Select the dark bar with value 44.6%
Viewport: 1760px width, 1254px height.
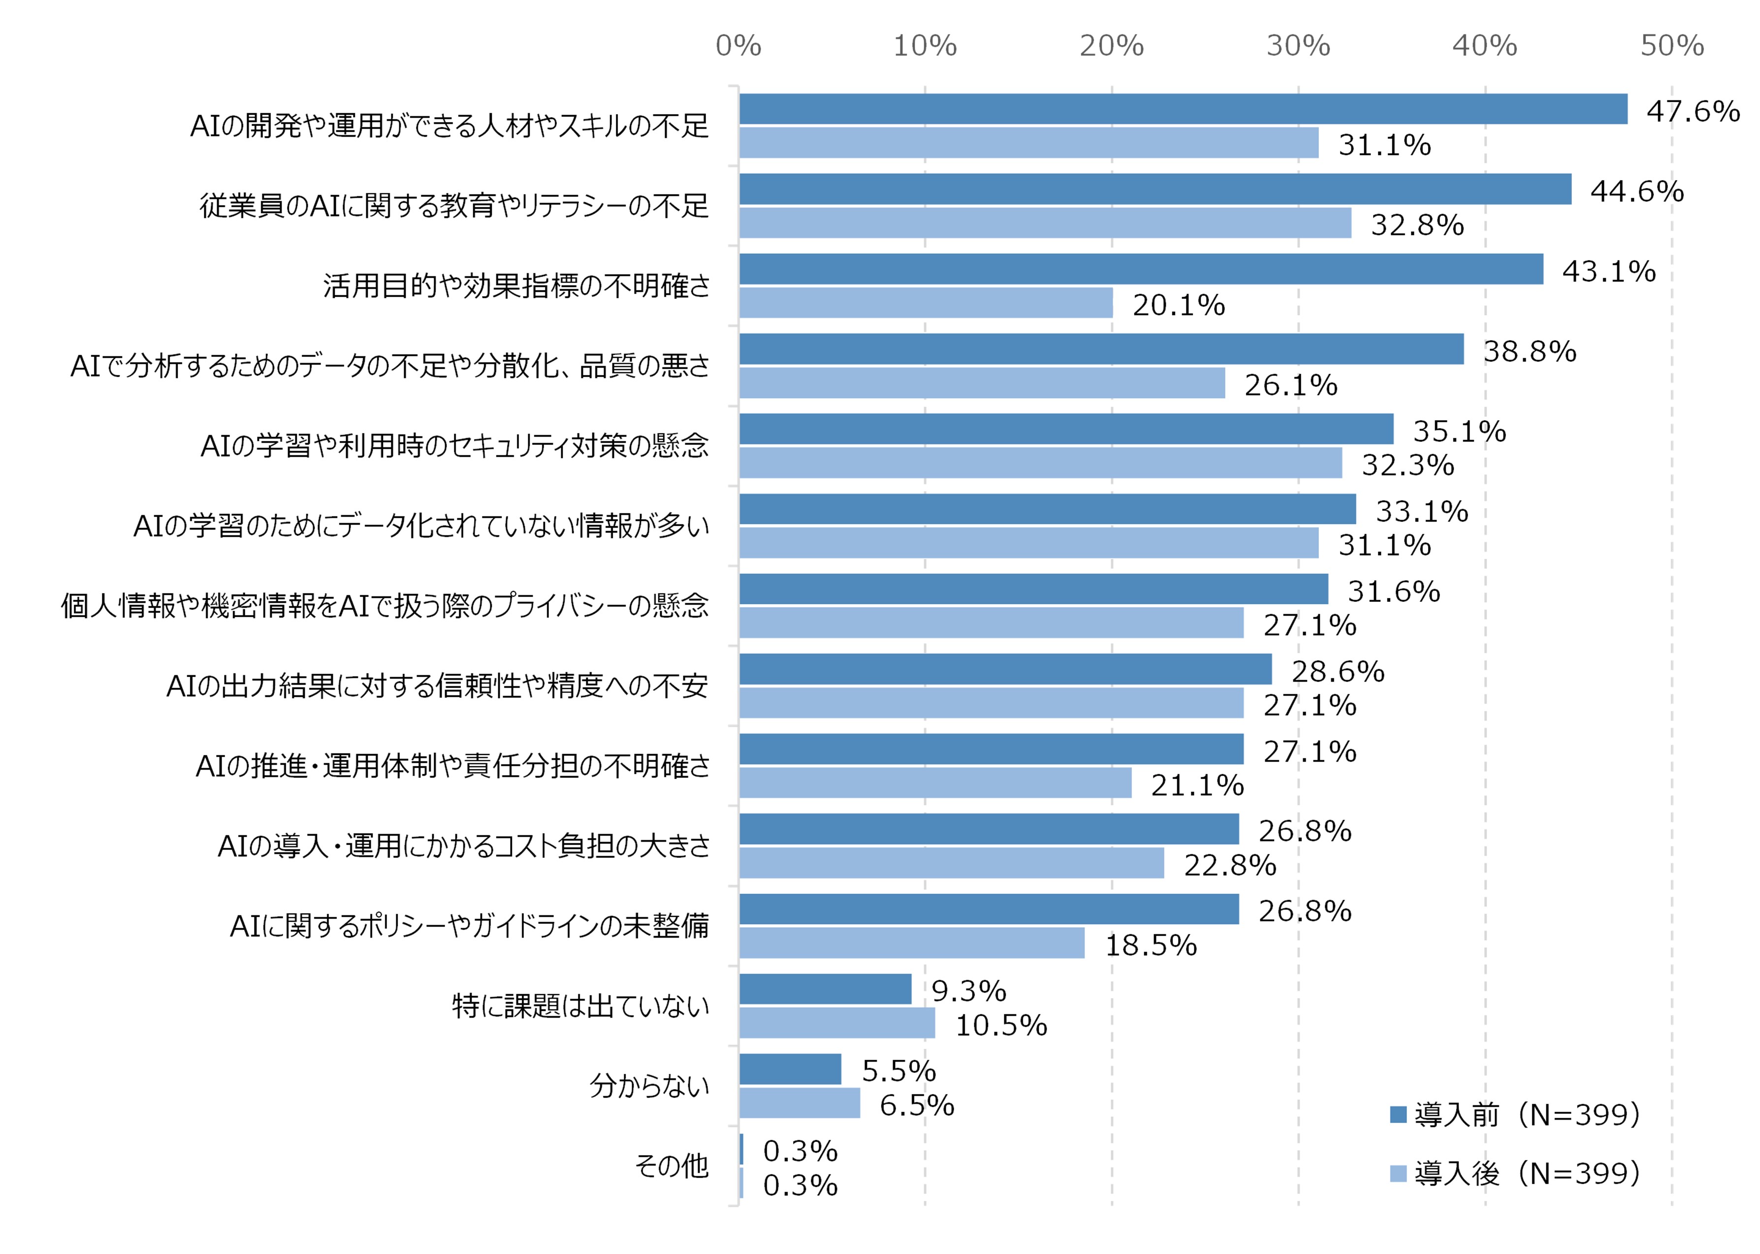(1154, 189)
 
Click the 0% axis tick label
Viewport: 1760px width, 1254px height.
(738, 46)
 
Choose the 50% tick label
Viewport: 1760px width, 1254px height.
(1672, 46)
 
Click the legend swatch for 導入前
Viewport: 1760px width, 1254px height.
(1397, 1114)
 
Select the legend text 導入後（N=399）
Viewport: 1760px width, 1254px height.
(1527, 1174)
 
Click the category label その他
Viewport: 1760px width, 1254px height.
(671, 1166)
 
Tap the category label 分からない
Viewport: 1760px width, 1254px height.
(649, 1086)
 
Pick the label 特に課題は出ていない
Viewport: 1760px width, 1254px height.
(580, 1006)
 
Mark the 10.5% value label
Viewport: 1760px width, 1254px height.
(1001, 1026)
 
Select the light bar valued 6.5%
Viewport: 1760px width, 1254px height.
(800, 1102)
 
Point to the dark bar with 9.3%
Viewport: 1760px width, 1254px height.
(825, 989)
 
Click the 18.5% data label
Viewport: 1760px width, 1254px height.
(1151, 945)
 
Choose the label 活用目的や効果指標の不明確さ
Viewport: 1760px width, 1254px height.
(516, 286)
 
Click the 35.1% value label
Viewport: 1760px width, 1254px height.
(1459, 431)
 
